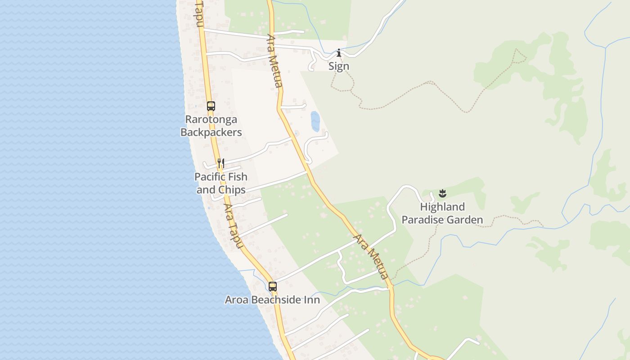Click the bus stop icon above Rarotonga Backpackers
click(211, 106)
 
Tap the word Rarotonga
click(211, 120)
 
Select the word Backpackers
click(211, 132)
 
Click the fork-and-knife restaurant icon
click(221, 163)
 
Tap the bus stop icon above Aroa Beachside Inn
click(272, 286)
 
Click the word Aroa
click(235, 300)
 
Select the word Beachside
click(275, 300)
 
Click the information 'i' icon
click(339, 53)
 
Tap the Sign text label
click(338, 67)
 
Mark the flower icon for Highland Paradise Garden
click(442, 194)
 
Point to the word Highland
click(442, 207)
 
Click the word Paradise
click(423, 220)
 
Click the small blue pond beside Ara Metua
click(315, 121)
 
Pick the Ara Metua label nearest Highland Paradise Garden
click(372, 256)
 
